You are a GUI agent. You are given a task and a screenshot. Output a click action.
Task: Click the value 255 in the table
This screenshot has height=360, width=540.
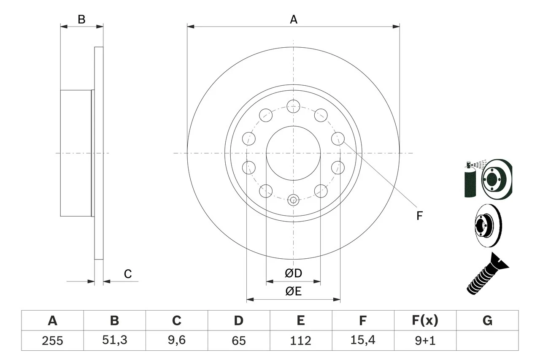click(x=52, y=341)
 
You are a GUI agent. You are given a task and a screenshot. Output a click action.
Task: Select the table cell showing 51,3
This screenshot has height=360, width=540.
click(x=114, y=341)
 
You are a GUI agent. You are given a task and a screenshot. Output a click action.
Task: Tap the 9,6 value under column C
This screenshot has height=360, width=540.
click(x=176, y=341)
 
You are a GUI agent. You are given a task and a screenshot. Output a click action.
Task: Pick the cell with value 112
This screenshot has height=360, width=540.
click(x=300, y=341)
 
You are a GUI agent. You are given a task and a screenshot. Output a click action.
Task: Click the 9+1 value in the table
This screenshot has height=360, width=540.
click(x=425, y=341)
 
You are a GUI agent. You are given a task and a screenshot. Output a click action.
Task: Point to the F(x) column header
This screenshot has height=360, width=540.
click(x=425, y=321)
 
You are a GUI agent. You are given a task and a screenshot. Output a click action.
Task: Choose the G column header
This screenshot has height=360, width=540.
click(x=487, y=321)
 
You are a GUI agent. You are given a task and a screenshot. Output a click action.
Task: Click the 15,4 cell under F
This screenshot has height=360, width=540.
click(x=362, y=341)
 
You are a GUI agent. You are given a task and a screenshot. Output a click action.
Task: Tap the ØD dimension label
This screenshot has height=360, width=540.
click(x=294, y=273)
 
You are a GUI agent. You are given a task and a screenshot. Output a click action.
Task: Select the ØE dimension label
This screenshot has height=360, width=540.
click(x=294, y=292)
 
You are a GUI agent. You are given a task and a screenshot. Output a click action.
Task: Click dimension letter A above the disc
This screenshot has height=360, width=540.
click(x=294, y=19)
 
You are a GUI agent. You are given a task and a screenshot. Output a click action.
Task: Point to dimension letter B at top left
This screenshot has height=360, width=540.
click(x=82, y=19)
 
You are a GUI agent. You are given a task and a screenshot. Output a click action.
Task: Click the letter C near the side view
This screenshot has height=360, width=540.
click(x=128, y=274)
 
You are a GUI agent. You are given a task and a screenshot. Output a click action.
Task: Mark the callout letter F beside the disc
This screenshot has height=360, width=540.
click(x=419, y=216)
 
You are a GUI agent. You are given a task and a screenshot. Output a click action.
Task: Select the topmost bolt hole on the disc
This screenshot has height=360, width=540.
click(x=293, y=106)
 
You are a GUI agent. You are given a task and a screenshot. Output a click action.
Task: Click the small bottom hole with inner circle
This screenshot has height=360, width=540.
click(x=293, y=200)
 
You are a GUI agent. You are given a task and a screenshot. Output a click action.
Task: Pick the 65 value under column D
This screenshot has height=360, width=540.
click(x=238, y=341)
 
